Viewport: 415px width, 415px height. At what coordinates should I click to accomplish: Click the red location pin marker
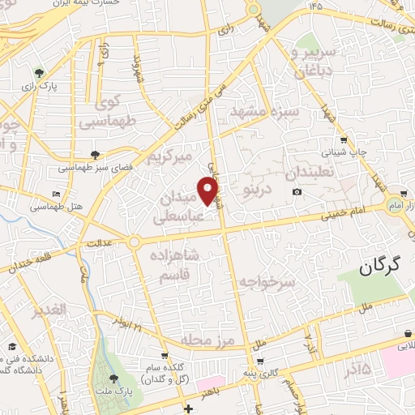pyautogui.click(x=209, y=190)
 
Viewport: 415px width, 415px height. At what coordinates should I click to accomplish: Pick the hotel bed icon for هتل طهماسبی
pyautogui.click(x=55, y=195)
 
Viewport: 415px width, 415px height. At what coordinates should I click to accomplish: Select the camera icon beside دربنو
pyautogui.click(x=297, y=191)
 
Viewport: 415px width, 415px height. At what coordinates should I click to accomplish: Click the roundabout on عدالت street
pyautogui.click(x=134, y=242)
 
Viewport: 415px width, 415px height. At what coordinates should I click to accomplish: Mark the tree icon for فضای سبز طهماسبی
pyautogui.click(x=96, y=154)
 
